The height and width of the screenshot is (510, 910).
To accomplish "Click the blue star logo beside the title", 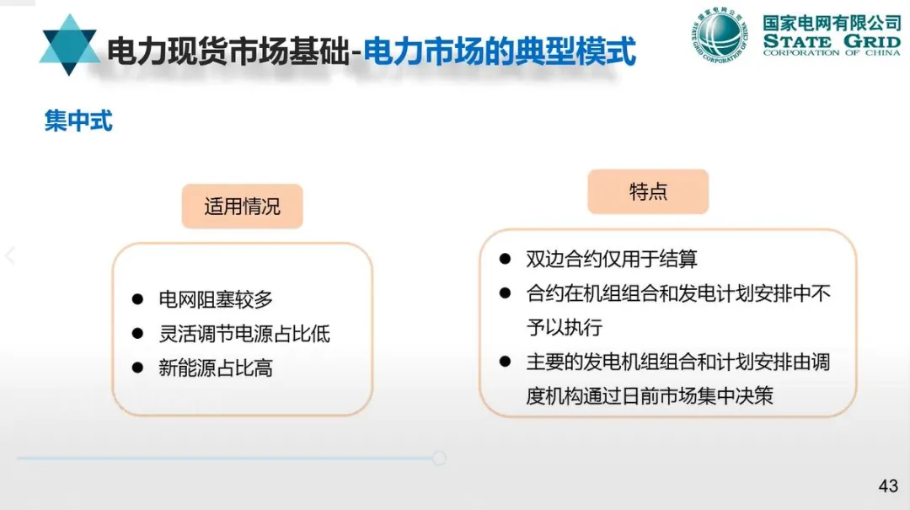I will point(69,46).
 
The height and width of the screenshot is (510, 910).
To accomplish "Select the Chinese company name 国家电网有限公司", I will point(831,21).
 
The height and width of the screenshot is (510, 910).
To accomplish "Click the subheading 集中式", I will point(78,121).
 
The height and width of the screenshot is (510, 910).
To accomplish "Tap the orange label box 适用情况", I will point(242,207).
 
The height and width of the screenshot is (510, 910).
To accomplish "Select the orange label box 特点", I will point(648,192).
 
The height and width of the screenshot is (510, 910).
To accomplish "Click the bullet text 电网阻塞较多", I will point(216,299).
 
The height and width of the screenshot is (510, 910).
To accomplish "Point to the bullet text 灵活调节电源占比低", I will point(244,334).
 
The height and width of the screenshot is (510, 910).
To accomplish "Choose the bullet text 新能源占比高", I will point(216,368).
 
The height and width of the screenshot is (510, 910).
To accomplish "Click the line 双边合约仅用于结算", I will point(612,259).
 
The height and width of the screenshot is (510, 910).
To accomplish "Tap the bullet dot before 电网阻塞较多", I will point(137,299).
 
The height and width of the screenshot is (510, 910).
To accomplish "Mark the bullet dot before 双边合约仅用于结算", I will point(505,259).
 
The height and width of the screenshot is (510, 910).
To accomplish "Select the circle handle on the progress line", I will point(439,459).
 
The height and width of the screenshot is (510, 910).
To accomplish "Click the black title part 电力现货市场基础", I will point(227,52).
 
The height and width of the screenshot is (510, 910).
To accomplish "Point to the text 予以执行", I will point(564,327).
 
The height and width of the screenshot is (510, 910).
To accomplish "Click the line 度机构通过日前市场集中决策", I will point(649,396).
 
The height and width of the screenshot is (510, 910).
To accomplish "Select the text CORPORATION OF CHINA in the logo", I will point(831,53).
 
